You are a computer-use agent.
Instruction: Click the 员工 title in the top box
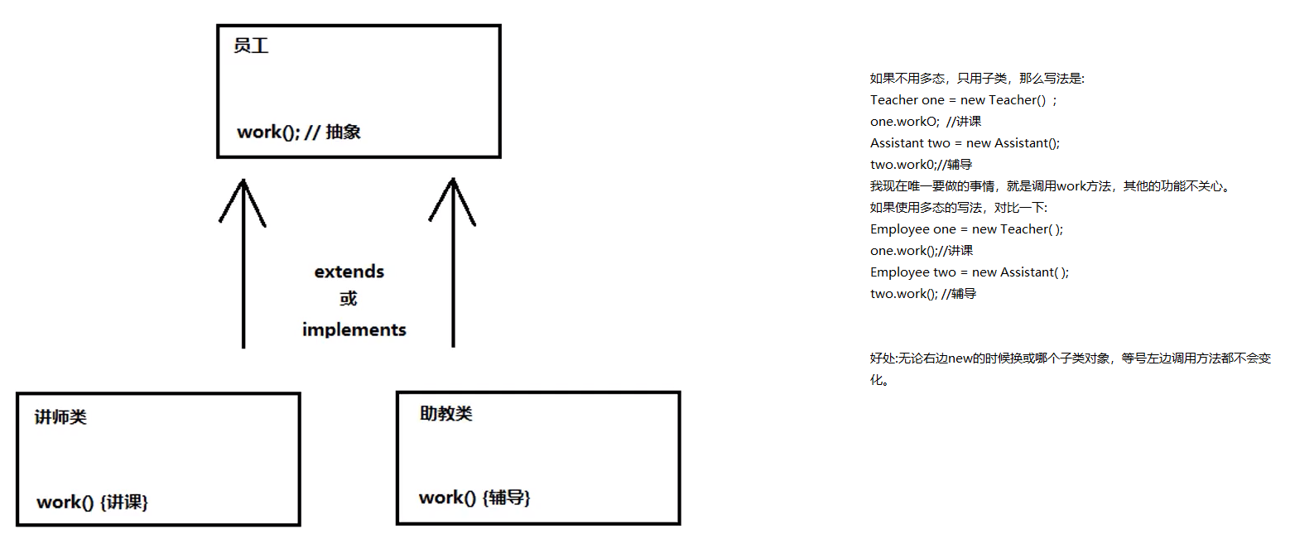point(251,46)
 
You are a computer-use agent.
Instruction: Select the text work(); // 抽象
point(298,132)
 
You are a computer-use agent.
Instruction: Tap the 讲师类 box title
point(60,416)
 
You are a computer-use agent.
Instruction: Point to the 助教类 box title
point(445,413)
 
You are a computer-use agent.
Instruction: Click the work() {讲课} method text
point(92,502)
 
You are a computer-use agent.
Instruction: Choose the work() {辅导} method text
point(474,498)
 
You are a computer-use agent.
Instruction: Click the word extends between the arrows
point(349,272)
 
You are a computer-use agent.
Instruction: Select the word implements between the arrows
point(354,330)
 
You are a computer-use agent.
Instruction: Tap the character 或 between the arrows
point(348,298)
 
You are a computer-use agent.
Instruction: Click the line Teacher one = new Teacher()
point(963,100)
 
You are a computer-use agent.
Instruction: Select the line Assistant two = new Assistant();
point(965,143)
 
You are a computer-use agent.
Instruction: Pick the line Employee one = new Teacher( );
point(966,229)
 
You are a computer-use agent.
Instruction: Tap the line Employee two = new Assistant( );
point(969,272)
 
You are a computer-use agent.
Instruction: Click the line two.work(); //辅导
point(922,294)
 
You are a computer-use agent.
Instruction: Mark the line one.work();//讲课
point(921,251)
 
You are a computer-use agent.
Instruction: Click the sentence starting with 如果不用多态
point(976,79)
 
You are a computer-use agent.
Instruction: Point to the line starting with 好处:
point(1070,358)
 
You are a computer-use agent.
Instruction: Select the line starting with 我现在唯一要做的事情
point(1049,186)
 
